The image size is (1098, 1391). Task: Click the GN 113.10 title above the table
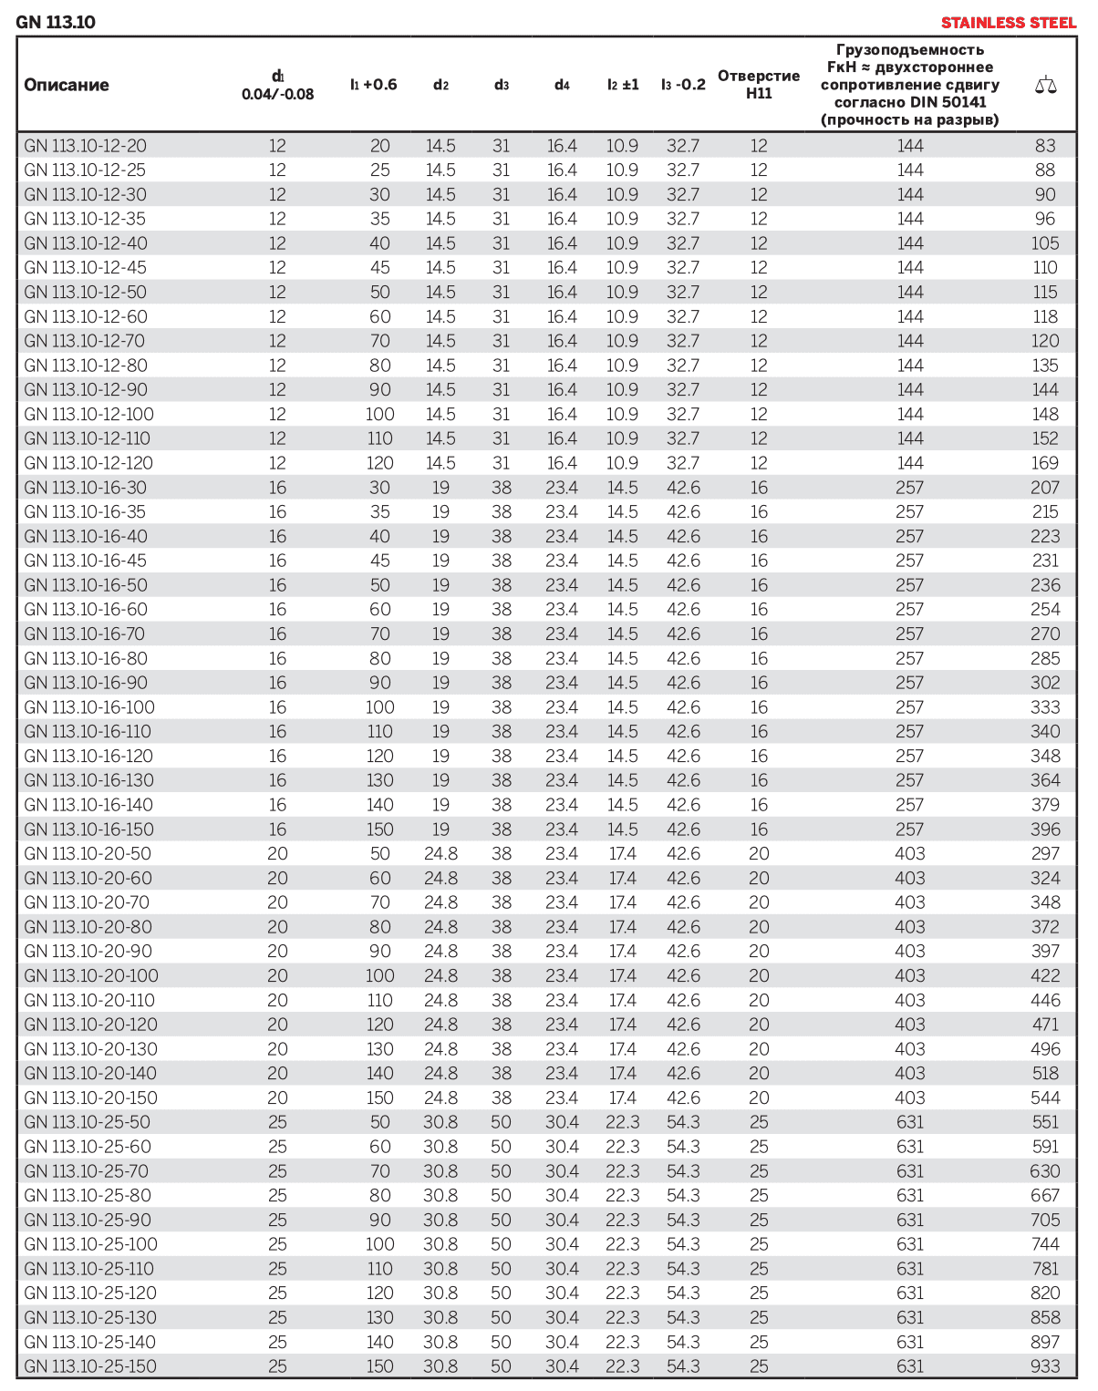[x=56, y=22]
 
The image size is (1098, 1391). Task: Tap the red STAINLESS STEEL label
[x=1009, y=23]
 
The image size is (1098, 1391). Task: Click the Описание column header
[x=67, y=85]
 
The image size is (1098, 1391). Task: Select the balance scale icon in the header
[x=1045, y=86]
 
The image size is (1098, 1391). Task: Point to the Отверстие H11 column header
[x=759, y=84]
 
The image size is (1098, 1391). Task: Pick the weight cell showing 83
[x=1045, y=146]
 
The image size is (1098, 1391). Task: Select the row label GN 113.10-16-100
[x=89, y=707]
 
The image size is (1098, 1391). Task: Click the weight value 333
[x=1045, y=707]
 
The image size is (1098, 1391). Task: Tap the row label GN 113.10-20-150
[x=90, y=1097]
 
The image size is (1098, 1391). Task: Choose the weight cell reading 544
[x=1045, y=1097]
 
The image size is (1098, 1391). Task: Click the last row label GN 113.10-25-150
[x=90, y=1366]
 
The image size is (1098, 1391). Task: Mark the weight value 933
[x=1045, y=1366]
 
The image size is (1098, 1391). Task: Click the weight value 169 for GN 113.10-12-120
[x=1045, y=463]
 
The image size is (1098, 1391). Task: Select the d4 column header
[x=562, y=85]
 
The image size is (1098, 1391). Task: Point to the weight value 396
[x=1045, y=829]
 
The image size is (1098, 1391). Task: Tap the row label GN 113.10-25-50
[x=87, y=1122]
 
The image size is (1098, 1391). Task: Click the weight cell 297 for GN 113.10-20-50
[x=1045, y=854]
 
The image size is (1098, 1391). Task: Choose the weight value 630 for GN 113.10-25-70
[x=1045, y=1171]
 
